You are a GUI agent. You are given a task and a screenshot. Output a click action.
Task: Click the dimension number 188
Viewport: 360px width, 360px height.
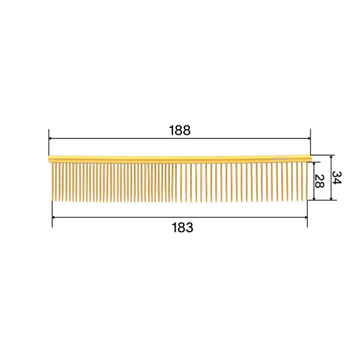pos(179,130)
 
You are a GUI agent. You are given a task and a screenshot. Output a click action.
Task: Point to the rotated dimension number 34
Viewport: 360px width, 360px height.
pos(337,178)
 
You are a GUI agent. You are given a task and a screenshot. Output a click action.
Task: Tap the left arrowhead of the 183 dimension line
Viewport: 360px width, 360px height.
pos(55,217)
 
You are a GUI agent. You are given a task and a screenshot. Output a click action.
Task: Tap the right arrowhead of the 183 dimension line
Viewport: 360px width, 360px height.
pos(305,217)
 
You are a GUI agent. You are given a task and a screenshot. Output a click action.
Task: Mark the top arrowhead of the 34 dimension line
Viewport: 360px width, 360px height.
pos(332,157)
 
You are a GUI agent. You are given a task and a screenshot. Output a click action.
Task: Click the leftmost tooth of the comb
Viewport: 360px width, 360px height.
pos(53,181)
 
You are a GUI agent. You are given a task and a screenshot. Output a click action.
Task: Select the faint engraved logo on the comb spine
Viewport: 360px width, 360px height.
pos(281,159)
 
